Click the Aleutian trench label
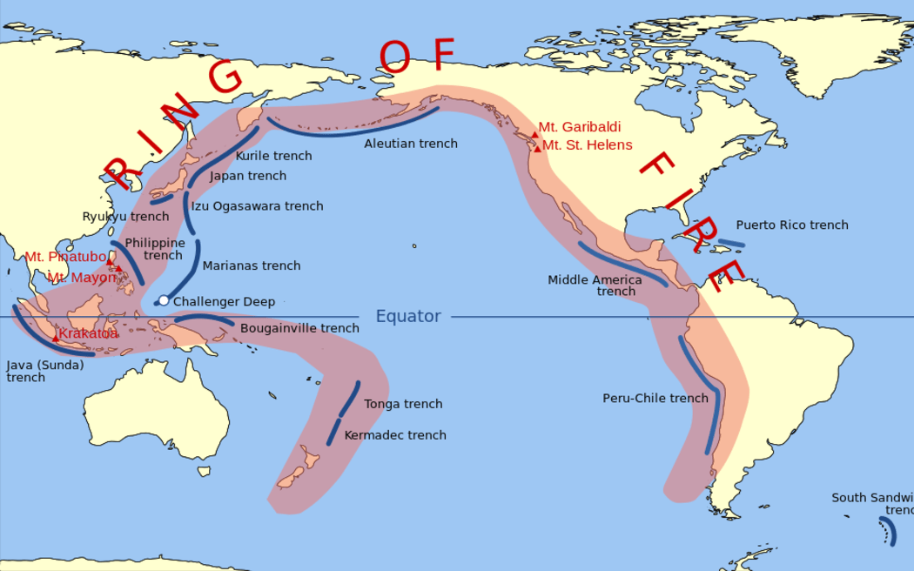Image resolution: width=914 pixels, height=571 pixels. pos(411,144)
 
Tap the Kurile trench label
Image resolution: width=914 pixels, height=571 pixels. pos(273,157)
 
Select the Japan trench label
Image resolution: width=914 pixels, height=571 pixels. pos(248,176)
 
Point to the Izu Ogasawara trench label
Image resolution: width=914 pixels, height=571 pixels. pos(257,206)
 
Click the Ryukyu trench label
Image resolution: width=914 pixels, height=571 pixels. pos(125,217)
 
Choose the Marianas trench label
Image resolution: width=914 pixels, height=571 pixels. pos(252,265)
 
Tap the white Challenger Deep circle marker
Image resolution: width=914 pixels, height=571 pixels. pos(163,301)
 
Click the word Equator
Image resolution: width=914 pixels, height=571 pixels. pos(408,317)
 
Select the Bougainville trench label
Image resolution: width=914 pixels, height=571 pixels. pos(299,328)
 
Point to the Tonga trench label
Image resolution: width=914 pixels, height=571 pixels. pos(403,404)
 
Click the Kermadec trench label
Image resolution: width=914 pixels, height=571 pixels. pos(395,435)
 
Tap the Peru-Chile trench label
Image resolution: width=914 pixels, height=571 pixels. pos(655,398)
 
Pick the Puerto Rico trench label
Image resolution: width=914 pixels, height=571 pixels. pos(792,225)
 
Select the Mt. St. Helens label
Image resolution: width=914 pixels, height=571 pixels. pos(588,145)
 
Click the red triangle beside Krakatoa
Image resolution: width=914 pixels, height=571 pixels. pos(56,337)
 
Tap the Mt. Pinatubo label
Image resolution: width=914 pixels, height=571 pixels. pos(65,257)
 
